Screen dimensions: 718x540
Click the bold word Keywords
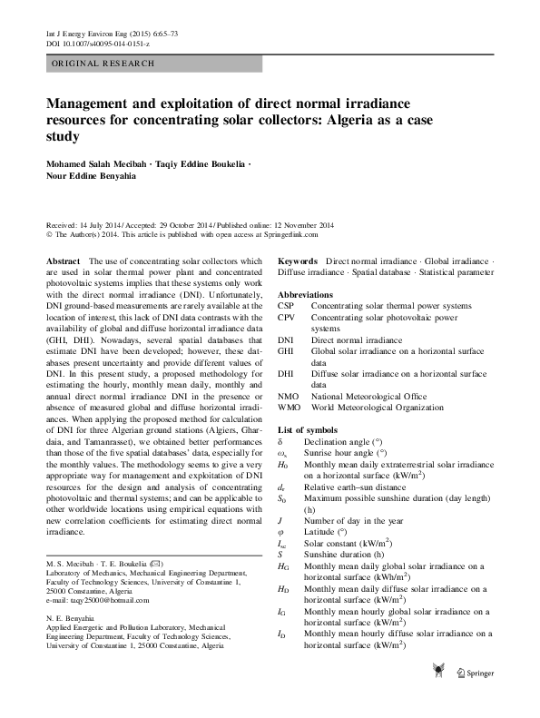[299, 261]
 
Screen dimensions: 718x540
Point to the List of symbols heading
[309, 428]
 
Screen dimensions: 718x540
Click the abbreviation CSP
[287, 307]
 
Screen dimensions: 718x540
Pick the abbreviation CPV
[287, 319]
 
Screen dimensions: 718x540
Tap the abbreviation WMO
[290, 408]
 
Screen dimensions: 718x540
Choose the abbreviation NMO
[289, 396]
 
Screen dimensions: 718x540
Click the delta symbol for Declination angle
[280, 440]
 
